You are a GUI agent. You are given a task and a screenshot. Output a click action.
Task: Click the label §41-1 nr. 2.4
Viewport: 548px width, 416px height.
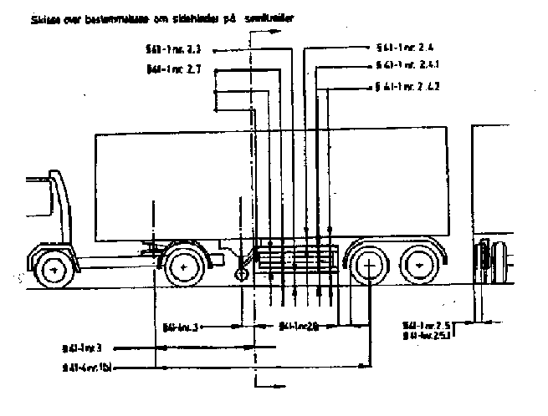pos(405,48)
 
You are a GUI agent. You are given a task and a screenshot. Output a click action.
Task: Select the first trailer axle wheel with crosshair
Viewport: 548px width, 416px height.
pos(369,266)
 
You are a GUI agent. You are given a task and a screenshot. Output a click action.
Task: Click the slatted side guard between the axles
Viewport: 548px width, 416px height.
pos(297,261)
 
